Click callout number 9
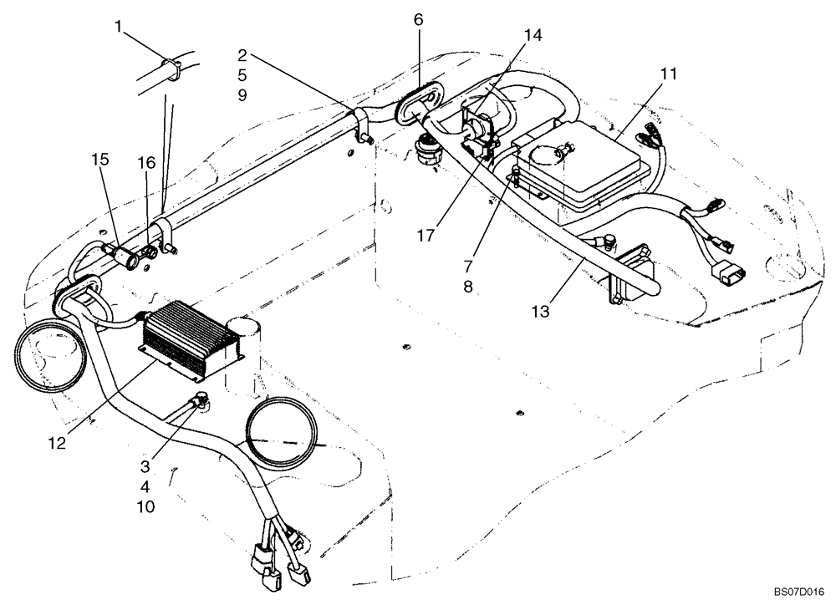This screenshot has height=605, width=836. coord(242,95)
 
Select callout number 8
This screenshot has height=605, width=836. coord(468,287)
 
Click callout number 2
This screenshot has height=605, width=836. coord(242,57)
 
